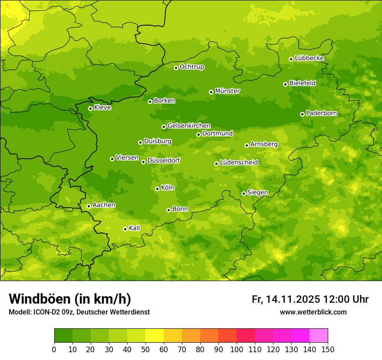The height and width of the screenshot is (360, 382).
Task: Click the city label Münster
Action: (x=227, y=91)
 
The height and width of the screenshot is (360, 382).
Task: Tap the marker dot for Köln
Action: (x=157, y=189)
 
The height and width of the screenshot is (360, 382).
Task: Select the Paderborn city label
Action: (x=322, y=113)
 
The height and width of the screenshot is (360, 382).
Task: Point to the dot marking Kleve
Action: (x=90, y=108)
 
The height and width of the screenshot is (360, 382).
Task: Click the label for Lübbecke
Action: (x=310, y=58)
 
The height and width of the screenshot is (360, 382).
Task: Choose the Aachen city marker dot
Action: (x=89, y=206)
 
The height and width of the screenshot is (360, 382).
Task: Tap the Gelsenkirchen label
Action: (x=189, y=126)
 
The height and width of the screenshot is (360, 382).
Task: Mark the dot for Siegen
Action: (x=244, y=193)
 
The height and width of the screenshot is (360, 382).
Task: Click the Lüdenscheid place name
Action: (x=239, y=163)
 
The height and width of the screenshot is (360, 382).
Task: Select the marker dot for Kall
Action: (x=125, y=229)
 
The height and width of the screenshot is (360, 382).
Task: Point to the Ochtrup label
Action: (x=192, y=67)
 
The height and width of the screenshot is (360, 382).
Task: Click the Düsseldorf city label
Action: (x=164, y=160)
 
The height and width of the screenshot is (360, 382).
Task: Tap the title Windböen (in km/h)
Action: (x=70, y=299)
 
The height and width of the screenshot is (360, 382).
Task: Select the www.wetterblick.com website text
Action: (x=313, y=312)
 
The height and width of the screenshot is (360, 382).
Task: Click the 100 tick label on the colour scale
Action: (x=237, y=349)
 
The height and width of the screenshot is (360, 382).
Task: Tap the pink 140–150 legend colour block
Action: (x=319, y=336)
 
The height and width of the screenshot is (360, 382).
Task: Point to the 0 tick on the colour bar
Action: (x=54, y=349)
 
